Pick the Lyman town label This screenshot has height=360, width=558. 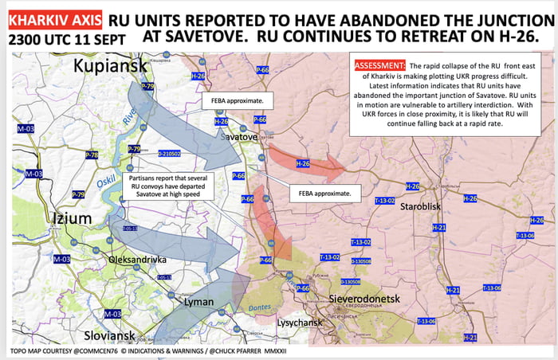click(198, 302)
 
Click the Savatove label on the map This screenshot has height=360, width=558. click(239, 137)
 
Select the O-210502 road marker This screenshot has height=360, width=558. click(169, 153)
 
